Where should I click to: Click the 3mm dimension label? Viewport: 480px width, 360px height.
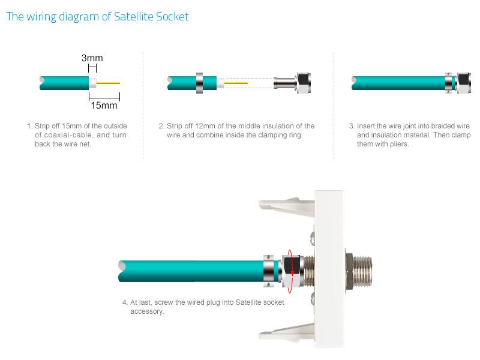tap(92, 58)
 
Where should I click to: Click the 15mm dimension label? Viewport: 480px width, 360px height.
tap(104, 106)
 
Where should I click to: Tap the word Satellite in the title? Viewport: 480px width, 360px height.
tap(133, 17)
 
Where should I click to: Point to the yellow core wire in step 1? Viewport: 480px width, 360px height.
tap(108, 83)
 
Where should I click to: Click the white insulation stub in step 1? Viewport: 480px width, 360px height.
tap(92, 83)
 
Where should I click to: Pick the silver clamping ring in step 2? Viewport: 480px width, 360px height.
tap(199, 83)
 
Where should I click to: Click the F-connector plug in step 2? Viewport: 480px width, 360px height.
tap(292, 83)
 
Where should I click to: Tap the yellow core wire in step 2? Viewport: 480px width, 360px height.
tap(236, 83)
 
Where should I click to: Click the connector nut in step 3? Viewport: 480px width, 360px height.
tap(464, 83)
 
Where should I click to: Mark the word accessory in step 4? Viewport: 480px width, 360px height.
tap(147, 311)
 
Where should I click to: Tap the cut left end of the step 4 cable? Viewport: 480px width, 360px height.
tap(122, 271)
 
